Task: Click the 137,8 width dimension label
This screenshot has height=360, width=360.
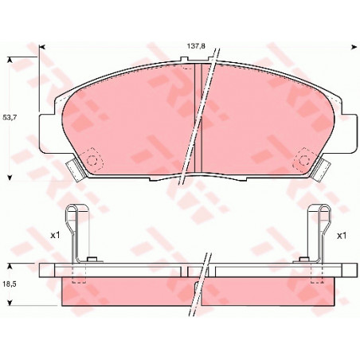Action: [196, 46]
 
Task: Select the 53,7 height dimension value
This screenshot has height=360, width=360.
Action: [10, 117]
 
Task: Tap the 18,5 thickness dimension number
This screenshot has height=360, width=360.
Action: [10, 284]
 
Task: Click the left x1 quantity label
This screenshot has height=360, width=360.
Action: [56, 235]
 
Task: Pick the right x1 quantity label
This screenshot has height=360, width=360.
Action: [342, 236]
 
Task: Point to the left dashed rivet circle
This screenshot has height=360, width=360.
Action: [92, 160]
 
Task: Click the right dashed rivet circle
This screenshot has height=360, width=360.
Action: [303, 160]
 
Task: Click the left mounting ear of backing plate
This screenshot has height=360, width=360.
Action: [45, 133]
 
